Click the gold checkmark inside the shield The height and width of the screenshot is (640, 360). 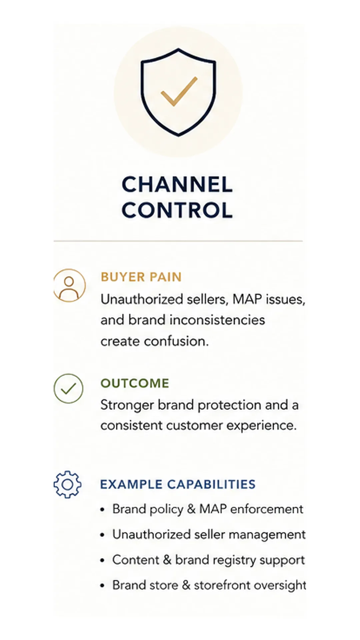pos(179,92)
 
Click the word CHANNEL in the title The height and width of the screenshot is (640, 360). pos(177,184)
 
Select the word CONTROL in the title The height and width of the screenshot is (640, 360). pos(177,210)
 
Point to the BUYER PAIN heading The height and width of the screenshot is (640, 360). pos(141,277)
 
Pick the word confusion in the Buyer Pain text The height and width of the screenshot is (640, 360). pos(176,341)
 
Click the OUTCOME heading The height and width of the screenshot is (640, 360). pos(135,383)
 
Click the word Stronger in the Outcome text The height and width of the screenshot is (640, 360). pos(127,405)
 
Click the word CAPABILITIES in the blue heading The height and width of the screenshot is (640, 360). pos(211,484)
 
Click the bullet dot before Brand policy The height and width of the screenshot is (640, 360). pos(102,510)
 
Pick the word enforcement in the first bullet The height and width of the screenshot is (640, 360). pos(267,509)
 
